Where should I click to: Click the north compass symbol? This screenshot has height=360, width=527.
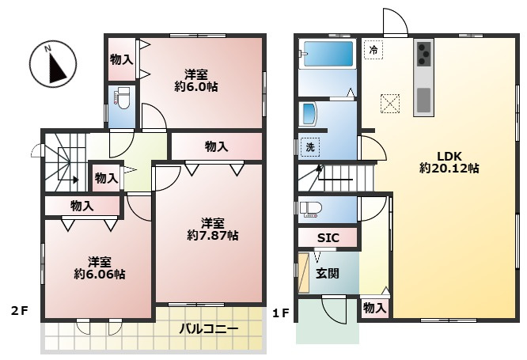tap(53, 64)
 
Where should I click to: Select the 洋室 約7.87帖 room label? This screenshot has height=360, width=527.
tap(212, 229)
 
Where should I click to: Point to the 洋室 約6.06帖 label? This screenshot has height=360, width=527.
tap(99, 267)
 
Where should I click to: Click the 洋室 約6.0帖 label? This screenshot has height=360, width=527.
tap(195, 80)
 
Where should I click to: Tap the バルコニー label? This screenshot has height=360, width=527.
tap(208, 328)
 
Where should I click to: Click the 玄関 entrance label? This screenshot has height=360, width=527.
tap(328, 274)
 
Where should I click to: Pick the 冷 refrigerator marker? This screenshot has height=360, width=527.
tap(373, 49)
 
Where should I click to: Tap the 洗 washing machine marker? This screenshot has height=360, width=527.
tap(309, 146)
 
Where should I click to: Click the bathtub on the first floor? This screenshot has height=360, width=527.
tap(327, 55)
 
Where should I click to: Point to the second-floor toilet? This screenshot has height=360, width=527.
tap(123, 100)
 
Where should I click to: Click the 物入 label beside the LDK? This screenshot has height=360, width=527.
tap(375, 308)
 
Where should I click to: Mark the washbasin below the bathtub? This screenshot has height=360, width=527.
tap(308, 114)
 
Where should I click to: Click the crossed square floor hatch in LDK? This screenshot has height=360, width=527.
tap(389, 103)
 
